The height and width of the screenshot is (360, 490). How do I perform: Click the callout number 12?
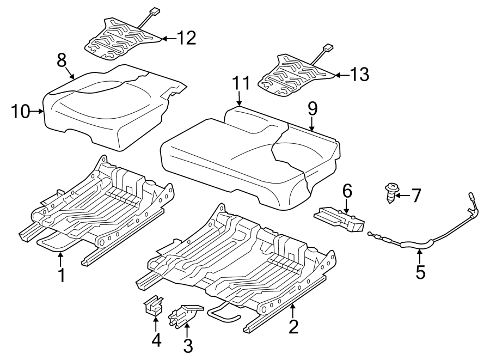(x=186, y=38)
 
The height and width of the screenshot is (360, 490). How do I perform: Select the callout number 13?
(x=359, y=75)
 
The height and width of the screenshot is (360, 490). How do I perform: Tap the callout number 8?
(x=62, y=60)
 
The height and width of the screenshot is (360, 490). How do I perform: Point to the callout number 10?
(x=20, y=111)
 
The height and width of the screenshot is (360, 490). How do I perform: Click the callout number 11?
(x=241, y=83)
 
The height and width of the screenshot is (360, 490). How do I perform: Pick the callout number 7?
(x=415, y=196)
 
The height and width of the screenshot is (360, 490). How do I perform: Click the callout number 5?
(x=421, y=272)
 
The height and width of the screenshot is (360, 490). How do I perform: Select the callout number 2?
(x=293, y=327)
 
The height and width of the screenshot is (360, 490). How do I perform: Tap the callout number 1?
(x=62, y=275)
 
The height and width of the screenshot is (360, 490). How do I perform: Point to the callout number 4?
(x=156, y=340)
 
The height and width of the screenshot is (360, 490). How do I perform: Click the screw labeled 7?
(x=390, y=193)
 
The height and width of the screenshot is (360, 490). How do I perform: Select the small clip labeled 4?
(x=154, y=306)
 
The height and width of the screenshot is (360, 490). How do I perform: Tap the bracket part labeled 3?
(x=185, y=316)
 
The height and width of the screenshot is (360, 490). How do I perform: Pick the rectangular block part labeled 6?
(x=339, y=219)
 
